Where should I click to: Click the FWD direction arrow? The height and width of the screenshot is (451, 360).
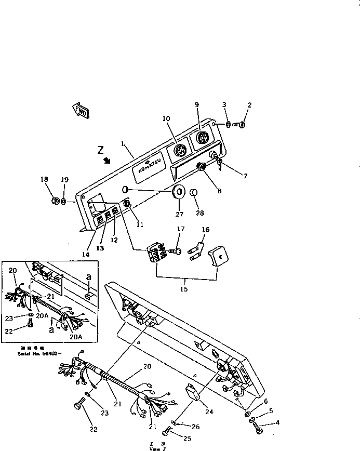point(81,110)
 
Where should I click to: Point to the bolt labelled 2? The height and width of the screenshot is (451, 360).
point(241,124)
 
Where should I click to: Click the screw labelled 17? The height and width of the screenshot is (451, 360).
point(177,251)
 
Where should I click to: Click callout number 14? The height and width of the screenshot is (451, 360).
point(86,255)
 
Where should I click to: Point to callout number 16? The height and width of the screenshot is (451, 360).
point(205,229)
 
